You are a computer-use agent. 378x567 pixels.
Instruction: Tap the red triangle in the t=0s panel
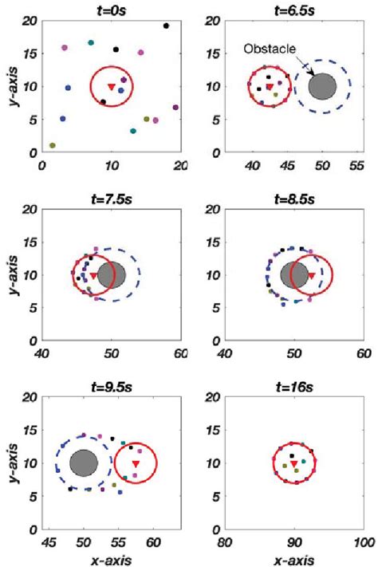coord(112,86)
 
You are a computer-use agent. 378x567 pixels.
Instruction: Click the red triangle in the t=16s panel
coord(294,463)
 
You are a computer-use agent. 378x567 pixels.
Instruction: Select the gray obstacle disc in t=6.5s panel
coord(322,86)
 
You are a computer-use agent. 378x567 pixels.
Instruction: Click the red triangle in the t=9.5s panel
coord(136,463)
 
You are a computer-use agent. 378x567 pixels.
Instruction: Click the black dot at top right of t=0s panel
coord(166,26)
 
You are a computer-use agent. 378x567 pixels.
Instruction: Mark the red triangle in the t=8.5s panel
coord(310,276)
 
